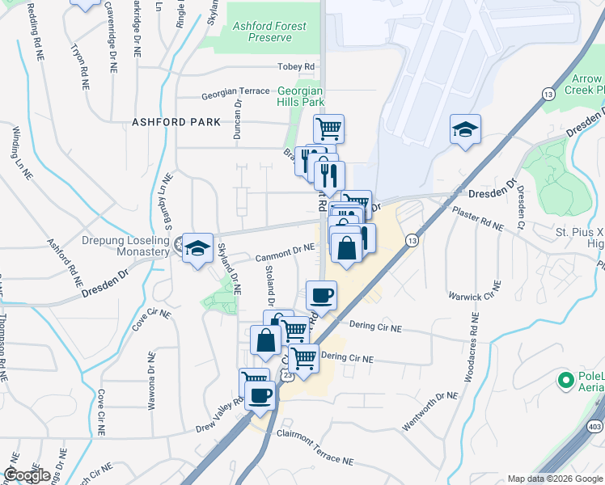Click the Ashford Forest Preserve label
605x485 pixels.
(x=269, y=32)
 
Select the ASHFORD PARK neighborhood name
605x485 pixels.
(x=176, y=122)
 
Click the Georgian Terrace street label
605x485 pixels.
(x=235, y=92)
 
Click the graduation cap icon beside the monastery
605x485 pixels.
(x=197, y=248)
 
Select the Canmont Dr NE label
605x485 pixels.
(x=285, y=254)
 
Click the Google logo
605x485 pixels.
(x=27, y=475)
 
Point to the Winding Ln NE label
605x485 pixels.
(x=22, y=151)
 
